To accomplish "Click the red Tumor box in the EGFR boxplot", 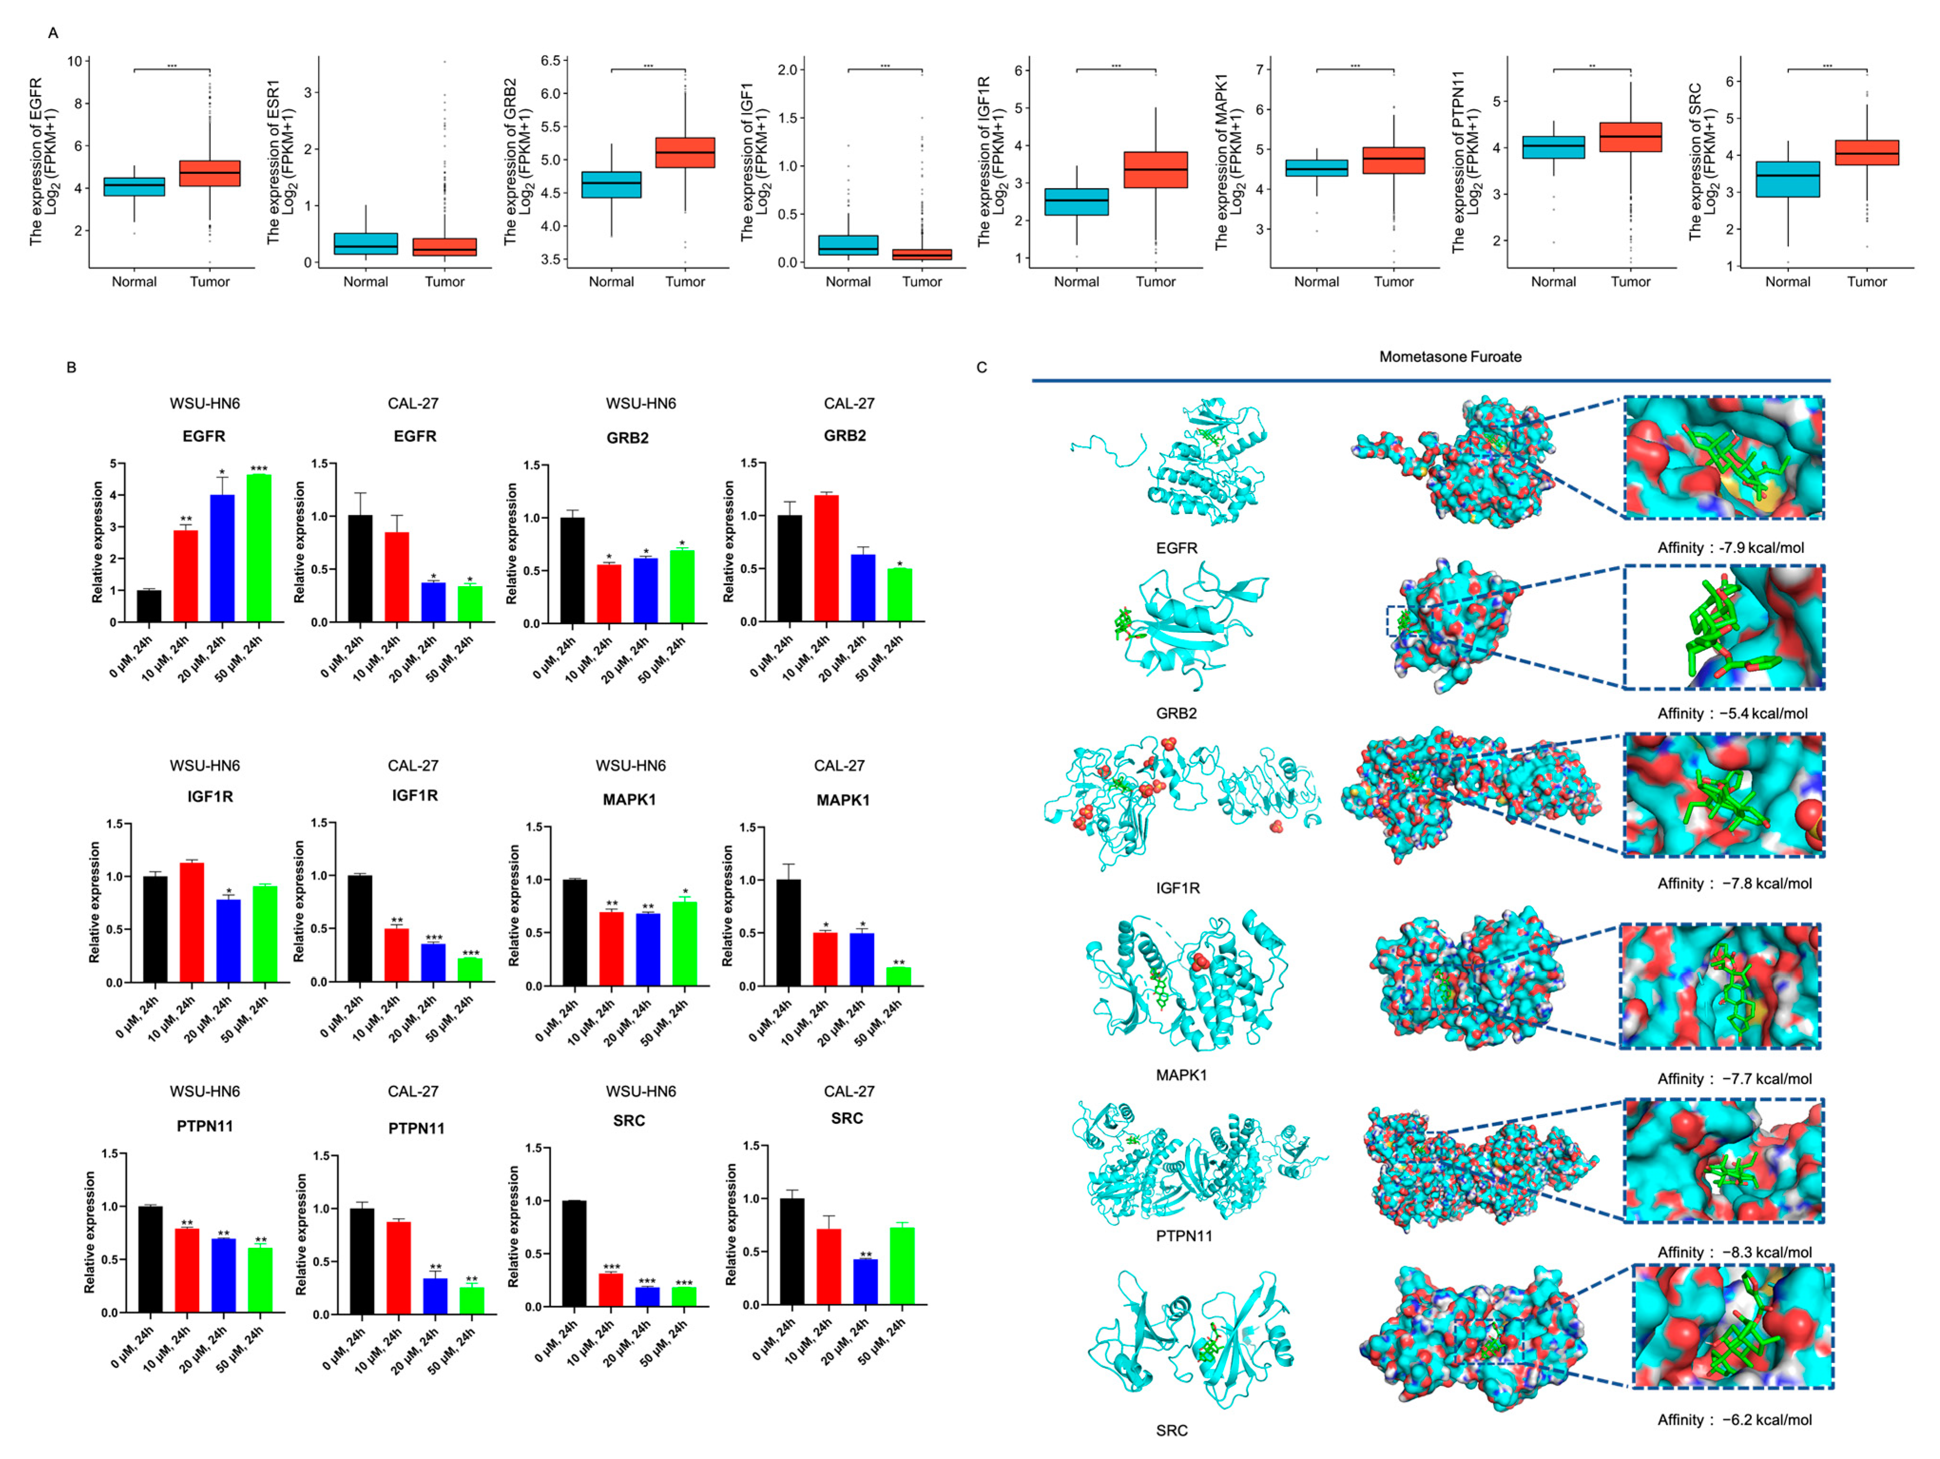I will coord(210,173).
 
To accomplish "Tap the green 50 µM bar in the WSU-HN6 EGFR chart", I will coord(259,548).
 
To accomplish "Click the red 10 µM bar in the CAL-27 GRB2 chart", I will coord(826,558).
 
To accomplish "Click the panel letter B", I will coord(71,367).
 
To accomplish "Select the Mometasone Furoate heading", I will coord(1449,356).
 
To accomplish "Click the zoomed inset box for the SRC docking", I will coord(1732,1325).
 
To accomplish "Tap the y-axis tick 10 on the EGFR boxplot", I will coord(76,61).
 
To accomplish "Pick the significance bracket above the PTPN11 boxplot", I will coord(1591,68).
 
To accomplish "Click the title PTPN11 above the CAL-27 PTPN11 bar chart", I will coord(416,1128).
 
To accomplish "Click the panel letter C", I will coord(981,367).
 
